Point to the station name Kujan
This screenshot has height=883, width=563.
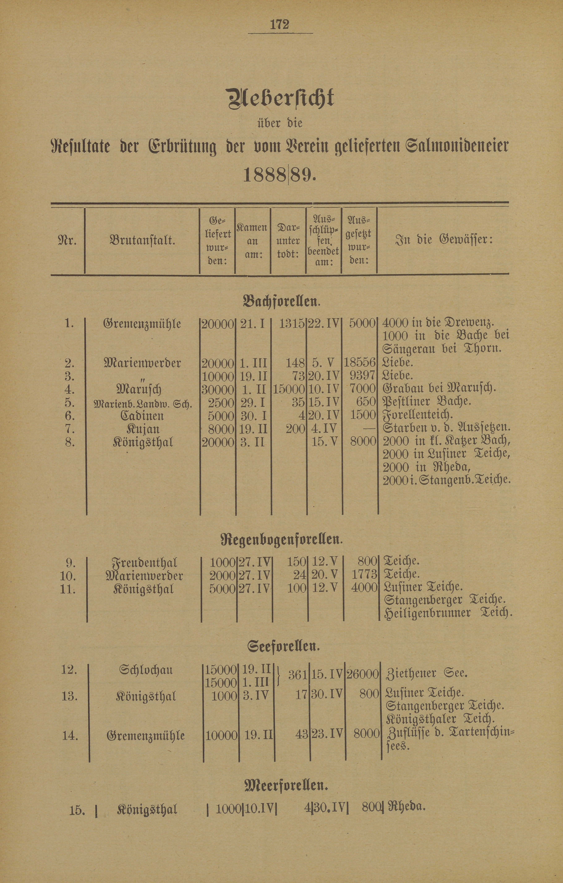coord(143,429)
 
